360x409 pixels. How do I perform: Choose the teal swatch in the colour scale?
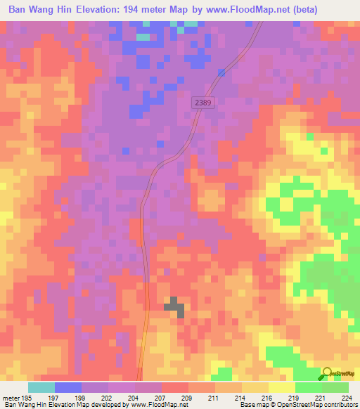pos(41,388)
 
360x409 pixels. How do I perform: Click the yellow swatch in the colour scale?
pos(281,388)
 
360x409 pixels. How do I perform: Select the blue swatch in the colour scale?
pos(68,388)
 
